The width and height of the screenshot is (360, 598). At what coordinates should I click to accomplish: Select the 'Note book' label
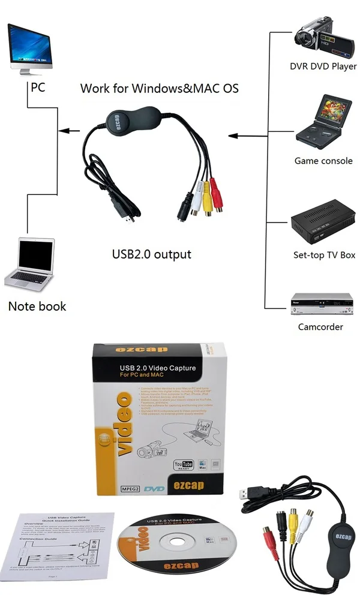pos(37,306)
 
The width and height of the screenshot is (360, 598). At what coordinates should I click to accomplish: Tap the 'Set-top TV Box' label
pos(324,255)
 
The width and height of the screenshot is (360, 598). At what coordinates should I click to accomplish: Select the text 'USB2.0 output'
pos(152,254)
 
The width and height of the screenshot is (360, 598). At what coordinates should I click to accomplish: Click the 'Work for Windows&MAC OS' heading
pos(160,89)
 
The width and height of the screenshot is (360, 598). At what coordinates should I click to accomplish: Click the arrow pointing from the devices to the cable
pos(244,136)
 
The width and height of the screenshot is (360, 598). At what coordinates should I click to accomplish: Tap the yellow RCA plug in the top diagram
pos(207,204)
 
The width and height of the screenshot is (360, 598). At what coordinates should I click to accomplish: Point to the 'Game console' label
pos(323,161)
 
